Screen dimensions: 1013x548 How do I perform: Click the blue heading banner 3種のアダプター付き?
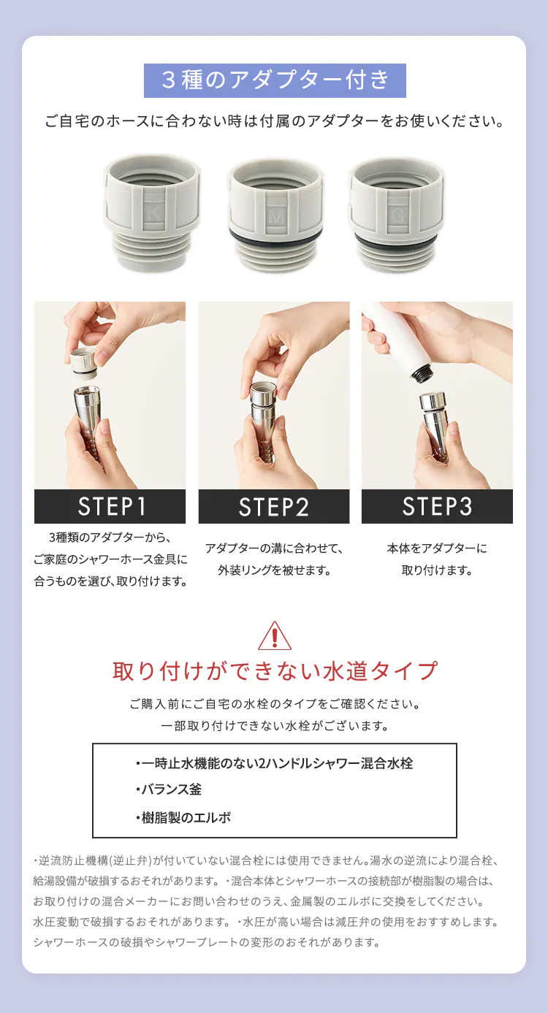click(x=275, y=80)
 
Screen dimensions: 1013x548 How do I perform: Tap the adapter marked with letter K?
click(x=152, y=213)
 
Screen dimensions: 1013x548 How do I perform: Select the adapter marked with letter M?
click(x=274, y=215)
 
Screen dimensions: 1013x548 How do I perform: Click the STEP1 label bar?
click(x=110, y=506)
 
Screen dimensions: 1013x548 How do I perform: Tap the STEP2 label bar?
click(x=274, y=506)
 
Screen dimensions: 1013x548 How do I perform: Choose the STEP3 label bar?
click(x=437, y=506)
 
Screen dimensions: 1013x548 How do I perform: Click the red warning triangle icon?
click(x=275, y=636)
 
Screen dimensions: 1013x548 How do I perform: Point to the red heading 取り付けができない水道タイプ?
click(x=275, y=670)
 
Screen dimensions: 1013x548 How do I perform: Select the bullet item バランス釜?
click(x=169, y=790)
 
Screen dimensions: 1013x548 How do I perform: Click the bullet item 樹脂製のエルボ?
click(x=183, y=817)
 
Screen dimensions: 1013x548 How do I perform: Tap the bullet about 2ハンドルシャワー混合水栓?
click(x=274, y=763)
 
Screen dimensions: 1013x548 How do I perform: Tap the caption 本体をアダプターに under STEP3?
click(x=437, y=548)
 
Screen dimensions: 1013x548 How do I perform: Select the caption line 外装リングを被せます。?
click(x=274, y=570)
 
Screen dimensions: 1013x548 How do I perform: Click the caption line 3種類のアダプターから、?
click(x=110, y=538)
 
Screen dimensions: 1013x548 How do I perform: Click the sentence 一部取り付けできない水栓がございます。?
click(x=274, y=726)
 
